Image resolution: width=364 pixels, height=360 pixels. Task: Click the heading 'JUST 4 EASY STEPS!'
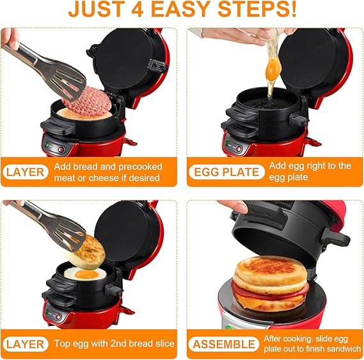182,11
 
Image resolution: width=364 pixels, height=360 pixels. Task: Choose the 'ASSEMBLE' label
223,344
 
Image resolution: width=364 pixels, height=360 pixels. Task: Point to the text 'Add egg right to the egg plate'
310,172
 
